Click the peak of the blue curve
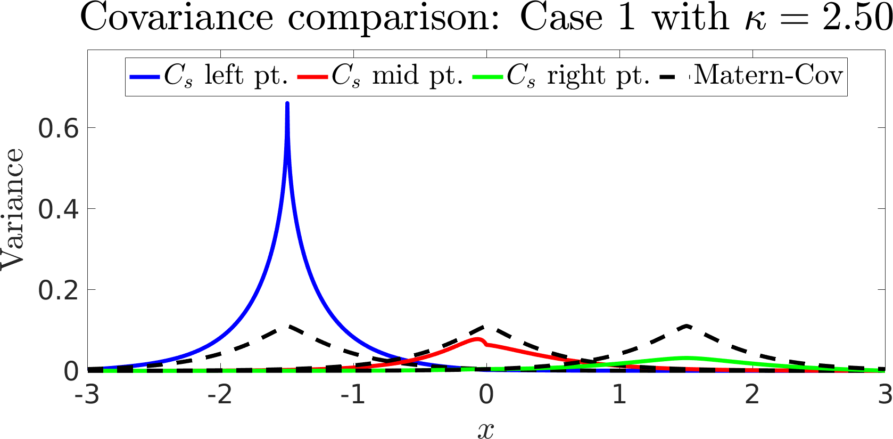point(287,103)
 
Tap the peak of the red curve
point(477,339)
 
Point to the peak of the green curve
point(687,357)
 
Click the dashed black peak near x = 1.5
point(687,326)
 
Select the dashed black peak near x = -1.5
point(288,326)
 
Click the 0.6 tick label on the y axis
point(58,128)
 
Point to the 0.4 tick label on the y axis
point(58,209)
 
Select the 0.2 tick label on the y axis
point(58,290)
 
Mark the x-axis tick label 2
point(752,395)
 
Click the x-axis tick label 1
point(619,395)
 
